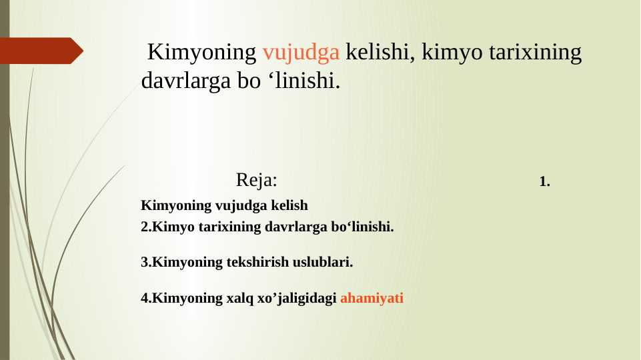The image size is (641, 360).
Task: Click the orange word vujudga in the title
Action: [301, 52]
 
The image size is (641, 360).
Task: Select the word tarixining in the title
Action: [537, 52]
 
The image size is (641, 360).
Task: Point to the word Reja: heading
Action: [257, 180]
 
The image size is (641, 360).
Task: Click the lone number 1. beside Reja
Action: [544, 181]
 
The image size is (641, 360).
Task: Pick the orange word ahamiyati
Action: [372, 298]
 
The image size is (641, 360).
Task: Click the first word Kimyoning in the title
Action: [202, 52]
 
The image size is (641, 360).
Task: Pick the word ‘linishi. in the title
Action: [304, 81]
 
